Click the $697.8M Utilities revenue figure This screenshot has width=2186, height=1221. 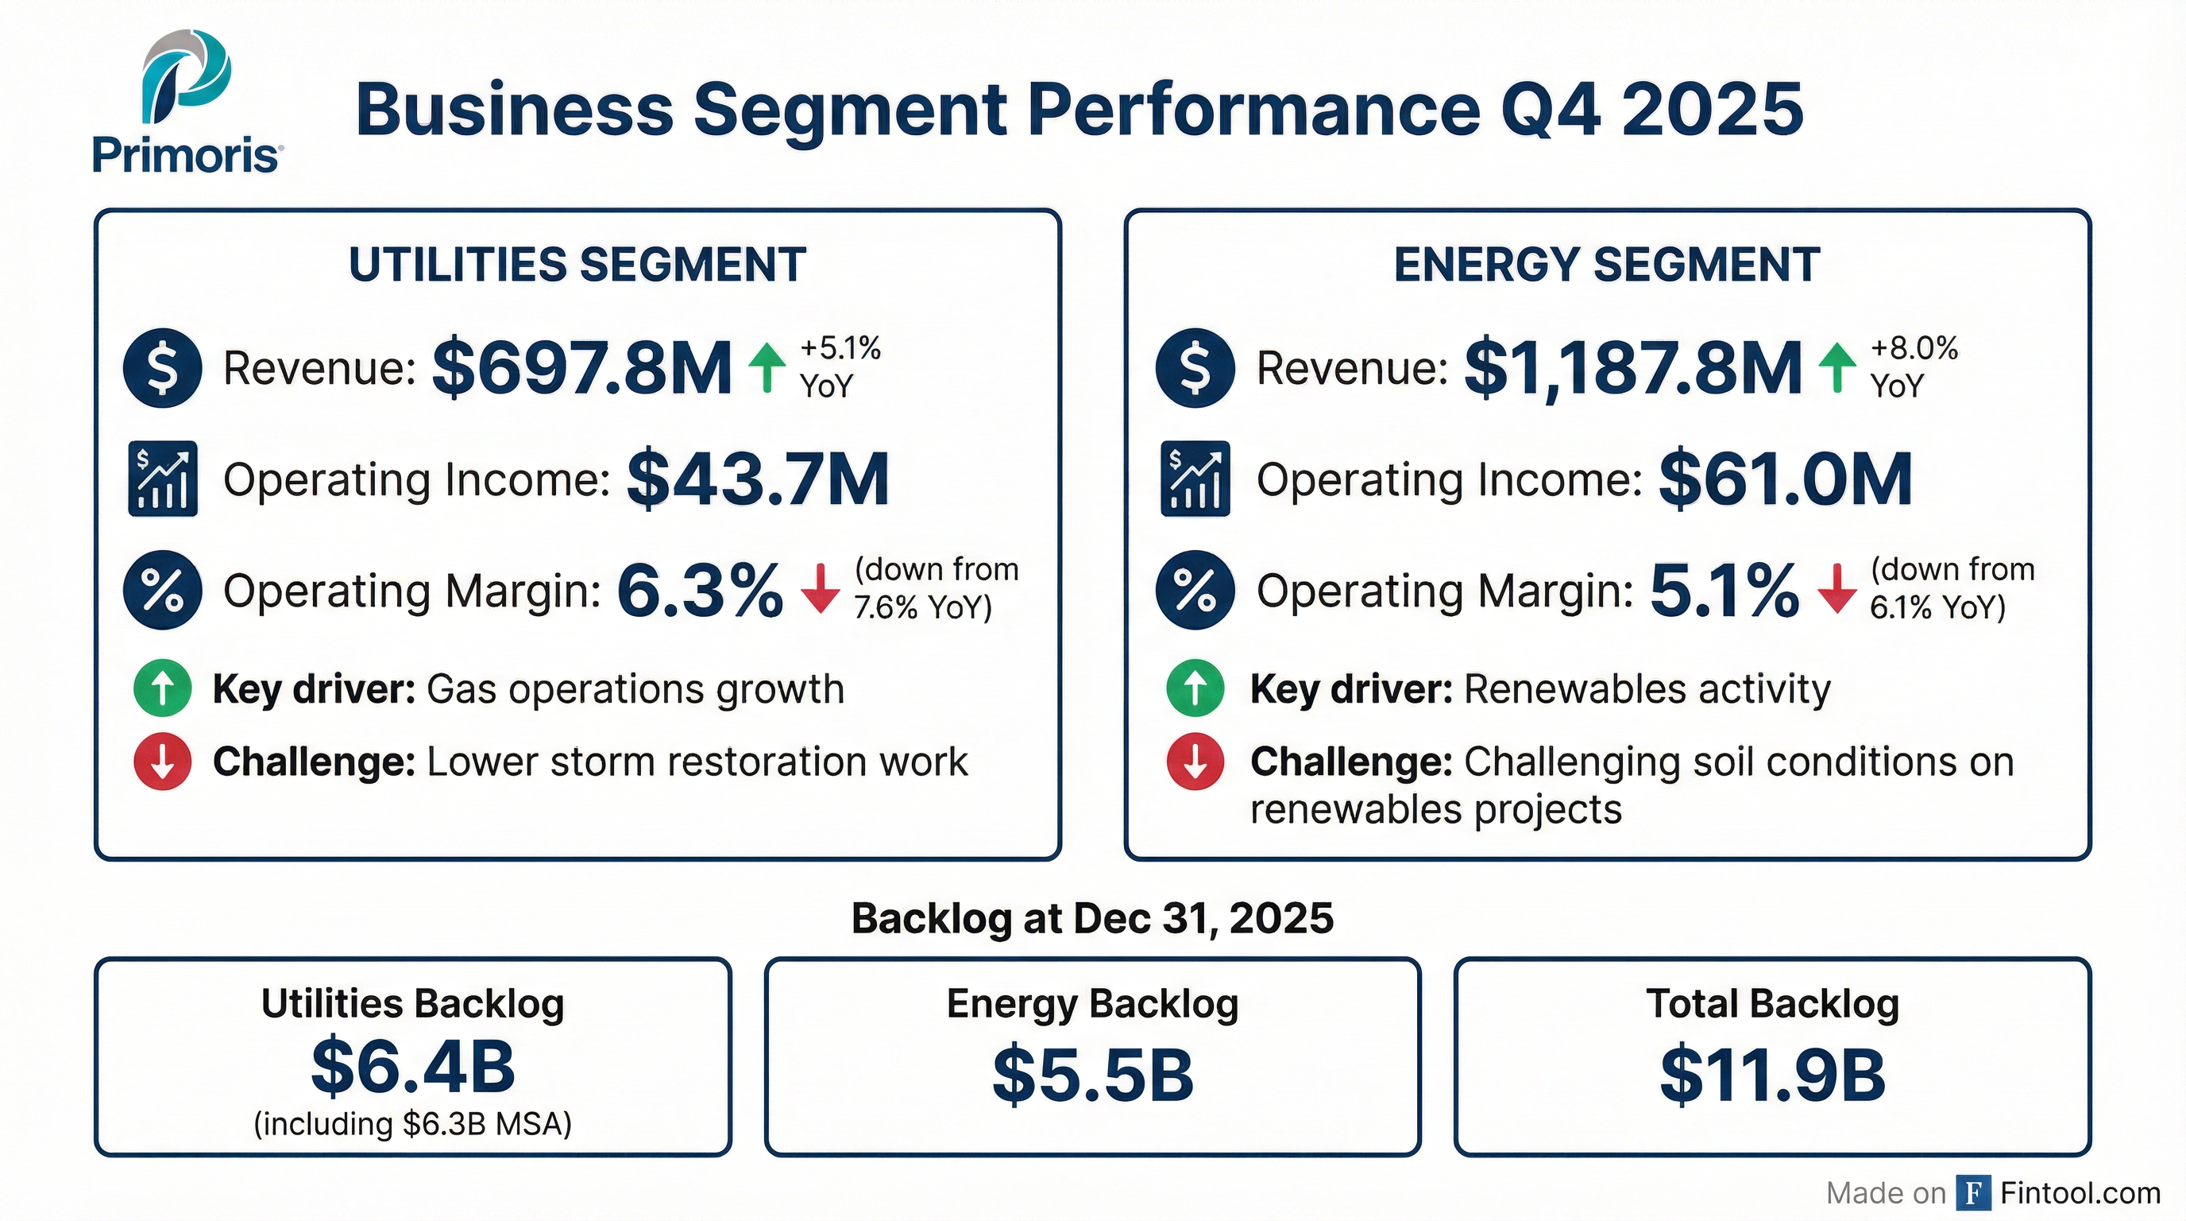[581, 368]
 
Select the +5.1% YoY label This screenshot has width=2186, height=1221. [840, 366]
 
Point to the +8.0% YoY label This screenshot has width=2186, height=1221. [1913, 366]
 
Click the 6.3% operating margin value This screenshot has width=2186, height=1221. [699, 590]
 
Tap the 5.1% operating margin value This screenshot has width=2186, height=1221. [1724, 590]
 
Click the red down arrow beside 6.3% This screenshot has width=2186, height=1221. [820, 588]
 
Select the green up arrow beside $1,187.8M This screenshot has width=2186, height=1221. [1837, 368]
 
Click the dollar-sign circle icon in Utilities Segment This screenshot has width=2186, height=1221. [162, 368]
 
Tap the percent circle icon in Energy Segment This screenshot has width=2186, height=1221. [1195, 590]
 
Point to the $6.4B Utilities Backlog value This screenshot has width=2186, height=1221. [412, 1066]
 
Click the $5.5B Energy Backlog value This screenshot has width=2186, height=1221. [1092, 1075]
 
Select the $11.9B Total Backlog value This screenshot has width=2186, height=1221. [1772, 1075]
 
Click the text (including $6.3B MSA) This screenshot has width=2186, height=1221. [412, 1123]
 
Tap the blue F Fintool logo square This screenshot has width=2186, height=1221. [1974, 1193]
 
